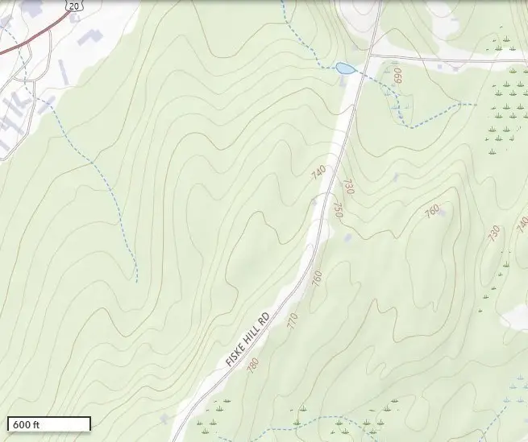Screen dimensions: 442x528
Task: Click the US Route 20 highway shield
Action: (74, 6)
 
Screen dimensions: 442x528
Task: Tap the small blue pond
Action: (345, 68)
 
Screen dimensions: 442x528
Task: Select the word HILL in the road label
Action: (254, 332)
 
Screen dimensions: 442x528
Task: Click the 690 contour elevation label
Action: (397, 79)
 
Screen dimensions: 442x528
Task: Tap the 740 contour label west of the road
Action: (318, 173)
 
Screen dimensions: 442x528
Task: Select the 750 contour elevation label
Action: (339, 211)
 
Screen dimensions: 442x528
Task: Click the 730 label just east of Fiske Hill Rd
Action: (349, 187)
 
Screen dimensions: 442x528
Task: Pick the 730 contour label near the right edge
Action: (493, 233)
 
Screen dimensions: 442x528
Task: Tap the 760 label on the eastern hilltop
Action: (432, 212)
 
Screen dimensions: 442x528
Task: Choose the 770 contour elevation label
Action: (292, 320)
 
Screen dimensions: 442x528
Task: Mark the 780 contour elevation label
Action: (253, 365)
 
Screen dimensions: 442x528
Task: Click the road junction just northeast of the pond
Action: (370, 56)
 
